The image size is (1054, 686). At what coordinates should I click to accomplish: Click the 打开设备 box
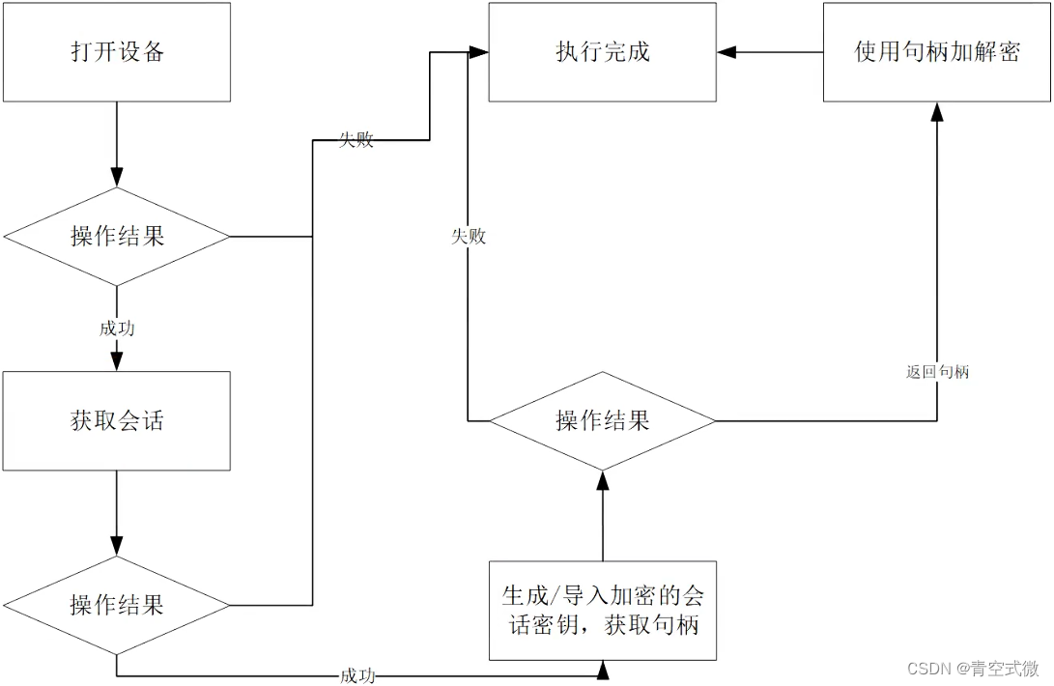coord(117,52)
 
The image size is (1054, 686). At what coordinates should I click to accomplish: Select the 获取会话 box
coord(117,420)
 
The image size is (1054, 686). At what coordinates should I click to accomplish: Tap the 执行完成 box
coord(602,52)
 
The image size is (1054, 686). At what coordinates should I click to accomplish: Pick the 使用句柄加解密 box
coord(936,52)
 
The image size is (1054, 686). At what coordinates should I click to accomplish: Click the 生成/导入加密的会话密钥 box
coord(602,611)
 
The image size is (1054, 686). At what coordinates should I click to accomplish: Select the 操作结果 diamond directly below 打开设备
coord(117,236)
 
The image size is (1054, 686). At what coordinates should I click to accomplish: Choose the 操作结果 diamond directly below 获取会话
coord(117,605)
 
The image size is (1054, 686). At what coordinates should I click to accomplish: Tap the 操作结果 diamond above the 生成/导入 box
coord(602,420)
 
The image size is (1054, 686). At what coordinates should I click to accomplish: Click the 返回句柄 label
coord(937,371)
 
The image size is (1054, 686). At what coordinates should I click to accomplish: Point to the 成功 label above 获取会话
coord(117,329)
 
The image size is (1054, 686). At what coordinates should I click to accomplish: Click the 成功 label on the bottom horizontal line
coord(357,675)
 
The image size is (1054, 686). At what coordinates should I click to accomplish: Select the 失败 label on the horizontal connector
coord(356,140)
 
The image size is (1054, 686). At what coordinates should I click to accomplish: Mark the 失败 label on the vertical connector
coord(469,236)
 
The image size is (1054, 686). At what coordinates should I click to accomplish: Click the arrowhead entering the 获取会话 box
coord(117,362)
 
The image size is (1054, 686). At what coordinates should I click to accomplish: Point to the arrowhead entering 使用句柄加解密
coord(936,111)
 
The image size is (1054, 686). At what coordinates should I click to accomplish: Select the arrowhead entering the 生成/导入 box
coord(603,669)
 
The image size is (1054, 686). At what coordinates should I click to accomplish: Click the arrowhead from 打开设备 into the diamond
coord(117,178)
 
